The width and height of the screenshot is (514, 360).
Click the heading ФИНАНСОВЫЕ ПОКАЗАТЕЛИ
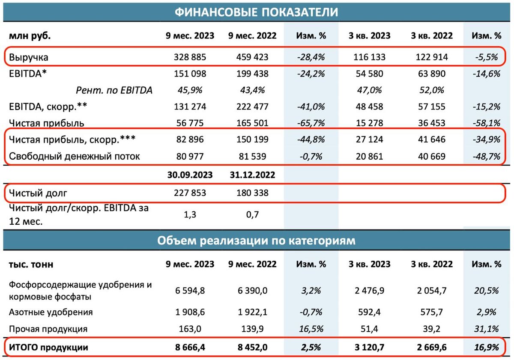(256, 12)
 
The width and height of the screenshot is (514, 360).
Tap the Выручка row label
(28, 57)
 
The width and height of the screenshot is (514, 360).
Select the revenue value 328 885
(190, 57)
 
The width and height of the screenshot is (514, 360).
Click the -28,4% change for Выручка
(311, 57)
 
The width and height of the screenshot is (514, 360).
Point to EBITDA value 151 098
(190, 74)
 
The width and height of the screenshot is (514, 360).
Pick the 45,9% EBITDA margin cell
(190, 90)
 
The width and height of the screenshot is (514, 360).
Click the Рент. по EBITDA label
(114, 90)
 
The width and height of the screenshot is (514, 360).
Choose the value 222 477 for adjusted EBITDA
(252, 107)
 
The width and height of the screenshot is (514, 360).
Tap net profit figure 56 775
(190, 123)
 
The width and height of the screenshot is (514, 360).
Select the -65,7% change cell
(311, 123)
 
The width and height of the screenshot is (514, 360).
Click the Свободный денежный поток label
(75, 156)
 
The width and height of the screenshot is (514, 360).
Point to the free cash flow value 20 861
(369, 156)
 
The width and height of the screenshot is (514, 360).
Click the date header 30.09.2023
(190, 175)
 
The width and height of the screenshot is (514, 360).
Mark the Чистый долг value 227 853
(190, 193)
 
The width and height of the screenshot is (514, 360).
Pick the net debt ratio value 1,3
(190, 214)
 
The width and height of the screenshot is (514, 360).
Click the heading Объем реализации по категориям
(256, 241)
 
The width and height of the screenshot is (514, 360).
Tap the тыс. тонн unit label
(31, 265)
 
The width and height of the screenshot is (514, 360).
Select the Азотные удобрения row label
(51, 312)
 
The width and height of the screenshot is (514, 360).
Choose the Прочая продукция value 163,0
(190, 329)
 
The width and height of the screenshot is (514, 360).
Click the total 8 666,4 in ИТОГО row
(190, 347)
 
